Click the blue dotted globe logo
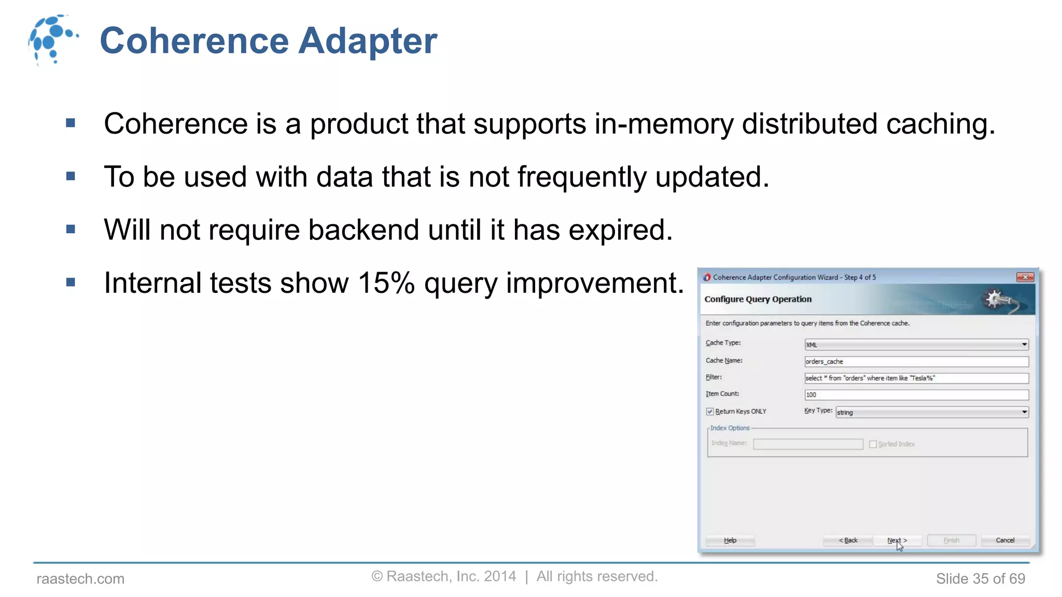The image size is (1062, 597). coord(52,39)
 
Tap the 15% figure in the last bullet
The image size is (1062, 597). coord(386,283)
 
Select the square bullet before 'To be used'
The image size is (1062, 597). coord(71,177)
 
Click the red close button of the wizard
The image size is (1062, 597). coord(1025,277)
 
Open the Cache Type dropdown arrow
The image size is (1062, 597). coord(1024,345)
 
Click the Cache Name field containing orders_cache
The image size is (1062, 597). coord(916,362)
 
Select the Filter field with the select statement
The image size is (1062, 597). coord(916,378)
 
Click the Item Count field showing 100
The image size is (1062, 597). coord(916,395)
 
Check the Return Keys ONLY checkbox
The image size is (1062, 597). coord(710,411)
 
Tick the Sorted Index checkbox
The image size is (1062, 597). coord(873,444)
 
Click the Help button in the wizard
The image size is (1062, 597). coord(730,541)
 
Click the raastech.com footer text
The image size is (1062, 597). coord(80,579)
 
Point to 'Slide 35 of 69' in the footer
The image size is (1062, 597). coord(980,579)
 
